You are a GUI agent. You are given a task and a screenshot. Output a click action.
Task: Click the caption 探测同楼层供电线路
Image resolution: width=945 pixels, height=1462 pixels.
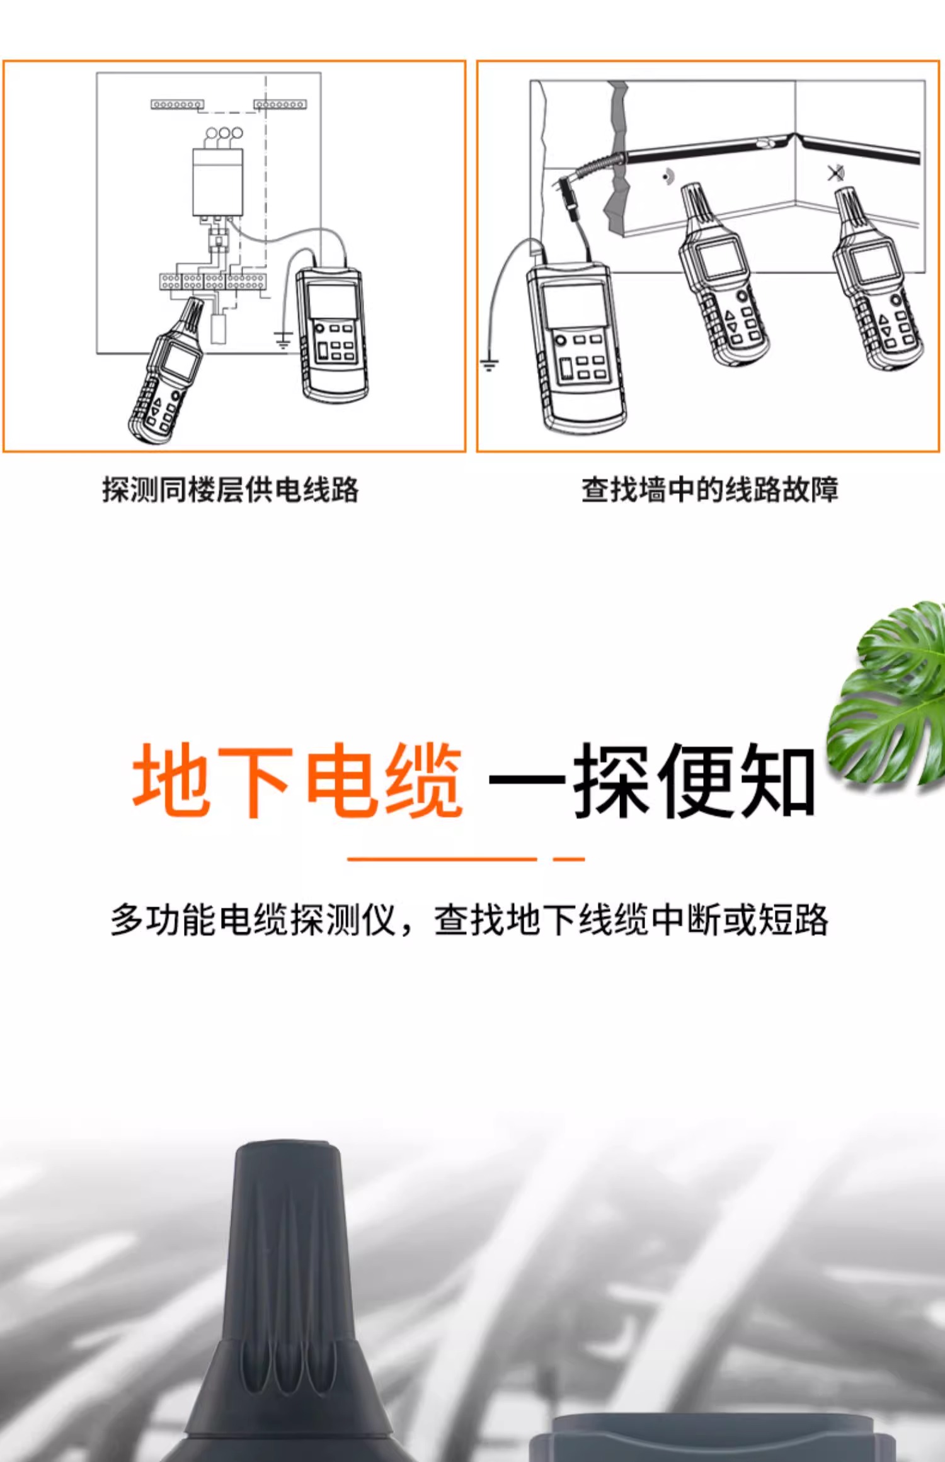tap(231, 490)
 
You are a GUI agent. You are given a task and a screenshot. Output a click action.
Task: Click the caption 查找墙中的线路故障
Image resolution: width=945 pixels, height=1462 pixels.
tap(710, 490)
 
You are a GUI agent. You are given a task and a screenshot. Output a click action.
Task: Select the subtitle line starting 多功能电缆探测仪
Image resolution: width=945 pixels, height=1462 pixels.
tap(469, 921)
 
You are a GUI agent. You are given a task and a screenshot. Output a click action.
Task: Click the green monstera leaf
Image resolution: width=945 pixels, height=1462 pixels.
tap(888, 693)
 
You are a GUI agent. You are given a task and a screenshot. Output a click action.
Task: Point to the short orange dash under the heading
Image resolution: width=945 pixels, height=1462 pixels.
tap(569, 859)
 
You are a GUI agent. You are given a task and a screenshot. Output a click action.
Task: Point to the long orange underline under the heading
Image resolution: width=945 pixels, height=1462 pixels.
tap(442, 859)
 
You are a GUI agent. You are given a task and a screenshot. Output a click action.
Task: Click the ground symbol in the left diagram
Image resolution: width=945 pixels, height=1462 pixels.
tap(283, 340)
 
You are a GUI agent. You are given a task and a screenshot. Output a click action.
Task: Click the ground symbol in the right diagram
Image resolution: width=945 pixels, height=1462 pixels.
tap(490, 364)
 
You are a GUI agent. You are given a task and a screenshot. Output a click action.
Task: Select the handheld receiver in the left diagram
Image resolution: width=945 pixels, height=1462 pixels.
tap(166, 371)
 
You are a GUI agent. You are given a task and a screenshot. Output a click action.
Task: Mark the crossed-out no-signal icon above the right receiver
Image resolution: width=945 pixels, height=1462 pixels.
tap(836, 173)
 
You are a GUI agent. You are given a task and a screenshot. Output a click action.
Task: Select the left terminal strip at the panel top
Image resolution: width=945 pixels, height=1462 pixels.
tap(177, 104)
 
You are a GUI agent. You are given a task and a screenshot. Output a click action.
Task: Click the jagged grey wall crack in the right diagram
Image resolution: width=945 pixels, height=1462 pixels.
tap(617, 157)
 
